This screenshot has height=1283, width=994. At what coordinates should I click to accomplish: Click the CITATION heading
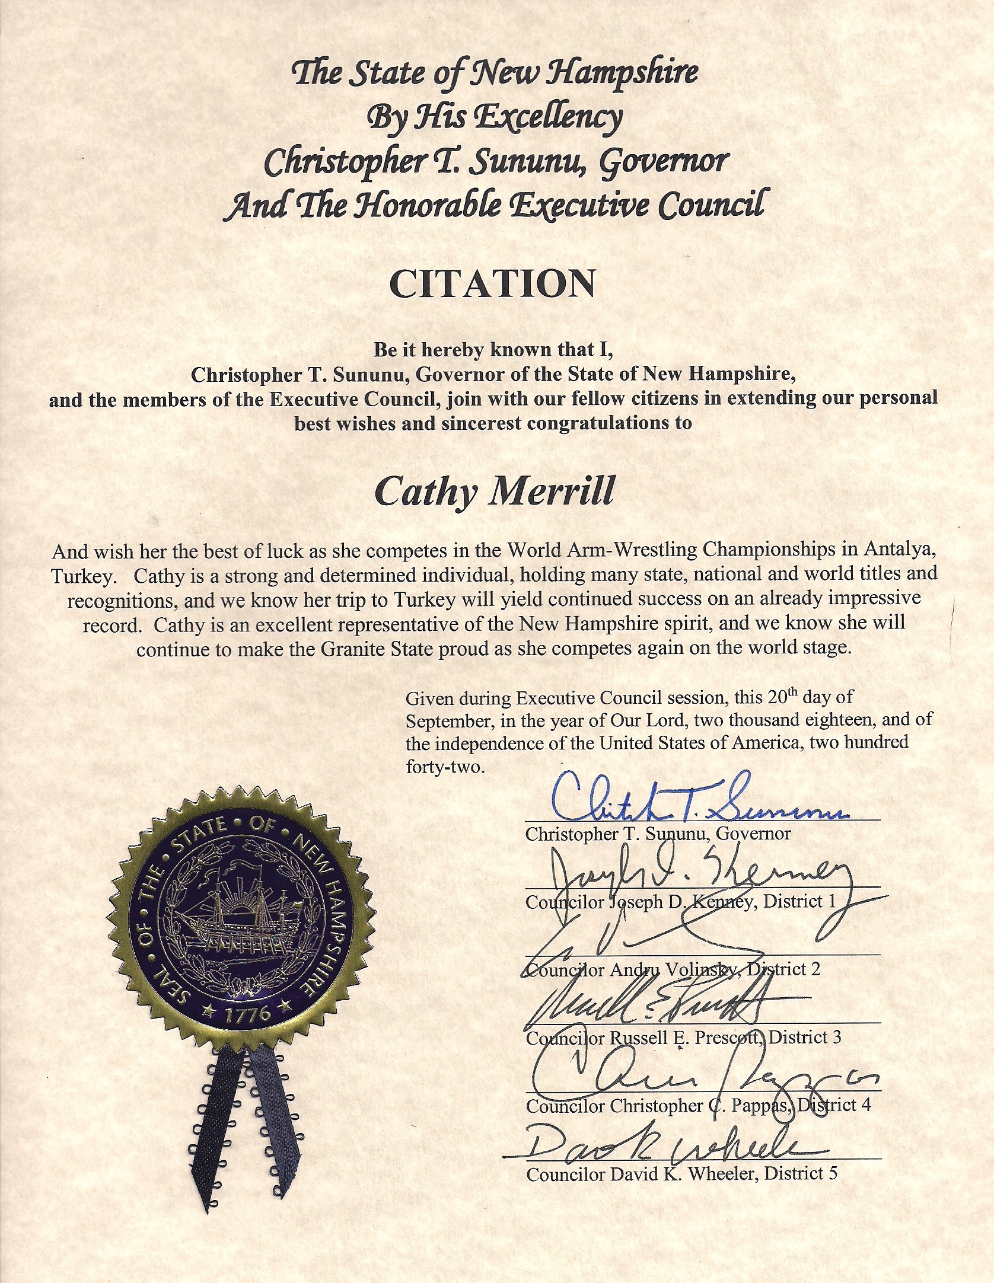click(492, 284)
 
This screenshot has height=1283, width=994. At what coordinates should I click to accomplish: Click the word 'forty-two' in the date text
click(445, 767)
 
